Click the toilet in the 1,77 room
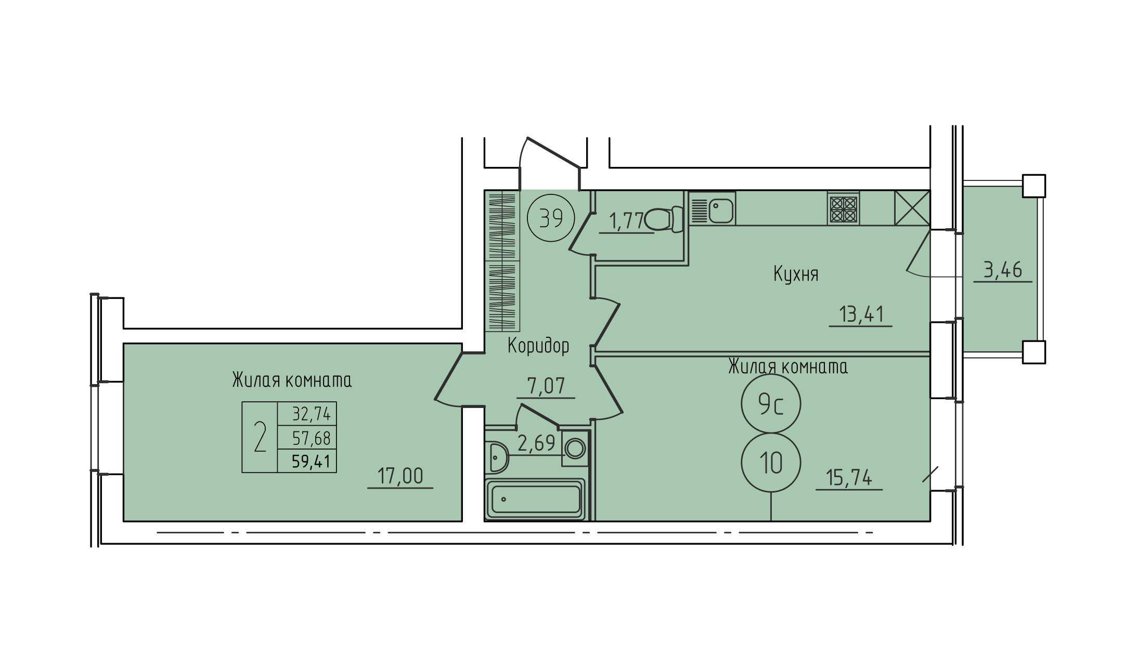click(664, 219)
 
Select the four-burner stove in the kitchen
click(843, 209)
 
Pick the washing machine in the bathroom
click(575, 448)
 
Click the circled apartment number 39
click(551, 218)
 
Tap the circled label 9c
click(771, 404)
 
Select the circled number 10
click(771, 463)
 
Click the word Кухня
click(796, 274)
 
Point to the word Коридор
click(538, 346)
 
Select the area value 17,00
click(400, 476)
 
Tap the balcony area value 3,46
click(1003, 270)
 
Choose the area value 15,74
click(849, 478)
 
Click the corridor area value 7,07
click(546, 386)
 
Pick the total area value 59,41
click(311, 461)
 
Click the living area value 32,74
click(311, 414)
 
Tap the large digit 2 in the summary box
click(260, 437)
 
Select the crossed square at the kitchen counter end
click(912, 208)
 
